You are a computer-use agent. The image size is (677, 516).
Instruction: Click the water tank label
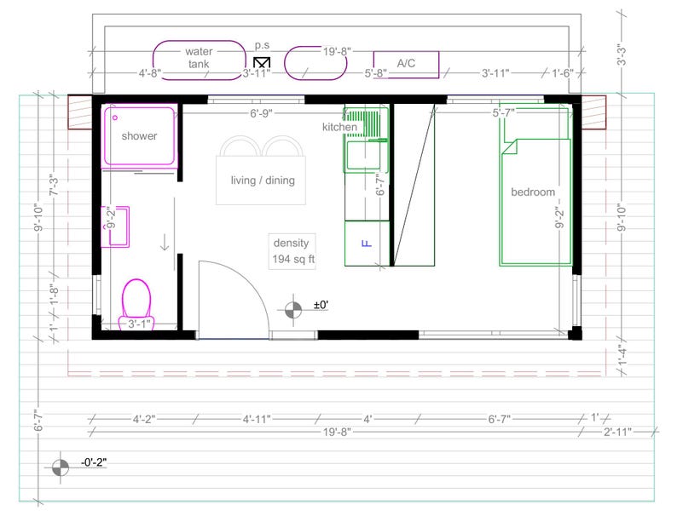tap(199, 57)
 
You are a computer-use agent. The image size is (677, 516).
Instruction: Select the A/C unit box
tap(406, 64)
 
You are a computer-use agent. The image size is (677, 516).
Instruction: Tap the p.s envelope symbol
tap(263, 63)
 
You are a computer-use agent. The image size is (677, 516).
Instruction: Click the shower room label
tap(139, 135)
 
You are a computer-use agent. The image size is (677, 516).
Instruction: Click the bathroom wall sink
tap(115, 226)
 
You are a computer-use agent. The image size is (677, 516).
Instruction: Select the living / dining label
tap(262, 180)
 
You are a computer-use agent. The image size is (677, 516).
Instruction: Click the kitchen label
tap(339, 127)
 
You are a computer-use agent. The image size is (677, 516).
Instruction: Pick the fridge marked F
tap(367, 244)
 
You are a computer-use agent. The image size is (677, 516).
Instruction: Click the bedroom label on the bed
tap(533, 192)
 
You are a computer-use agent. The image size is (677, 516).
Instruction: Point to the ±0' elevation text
tap(321, 305)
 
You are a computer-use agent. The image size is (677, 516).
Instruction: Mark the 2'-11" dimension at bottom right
tap(616, 433)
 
